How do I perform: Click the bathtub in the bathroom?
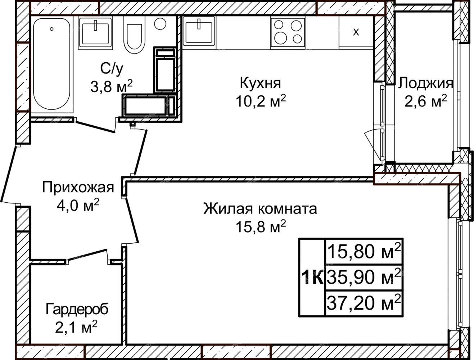tap(51, 64)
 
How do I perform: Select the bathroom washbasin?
tap(95, 33)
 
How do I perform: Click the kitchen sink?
tap(199, 31)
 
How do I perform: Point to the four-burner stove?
tap(288, 32)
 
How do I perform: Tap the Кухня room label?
tap(261, 83)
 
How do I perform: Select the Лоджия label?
tap(425, 84)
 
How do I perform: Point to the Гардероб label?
tap(77, 310)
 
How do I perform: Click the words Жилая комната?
tap(260, 208)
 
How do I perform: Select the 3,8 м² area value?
tap(111, 86)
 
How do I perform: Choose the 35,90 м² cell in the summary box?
tap(364, 277)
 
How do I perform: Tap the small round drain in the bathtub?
tap(51, 29)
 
